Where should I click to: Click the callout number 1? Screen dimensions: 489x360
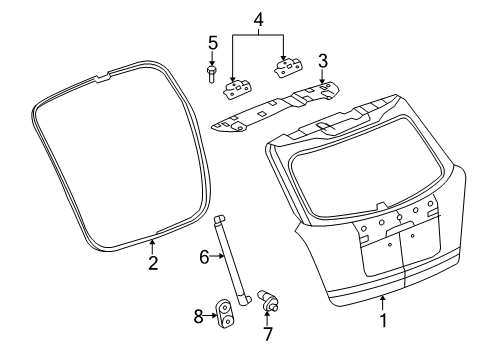[383, 320]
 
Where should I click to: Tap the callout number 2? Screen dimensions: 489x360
[153, 263]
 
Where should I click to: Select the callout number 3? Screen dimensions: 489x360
[323, 61]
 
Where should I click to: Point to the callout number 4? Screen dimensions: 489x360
[258, 20]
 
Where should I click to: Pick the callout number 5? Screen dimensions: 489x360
[213, 43]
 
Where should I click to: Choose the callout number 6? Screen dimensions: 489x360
[204, 257]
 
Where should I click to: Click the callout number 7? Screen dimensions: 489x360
[268, 334]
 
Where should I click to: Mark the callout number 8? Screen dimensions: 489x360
[199, 316]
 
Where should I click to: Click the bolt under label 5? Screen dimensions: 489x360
[212, 75]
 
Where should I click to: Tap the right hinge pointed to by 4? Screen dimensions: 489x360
[288, 68]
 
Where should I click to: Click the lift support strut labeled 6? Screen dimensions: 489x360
[232, 260]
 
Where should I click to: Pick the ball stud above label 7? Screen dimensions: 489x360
[268, 300]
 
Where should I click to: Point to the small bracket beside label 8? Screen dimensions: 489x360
[225, 312]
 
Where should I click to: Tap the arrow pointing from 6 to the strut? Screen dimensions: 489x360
[217, 256]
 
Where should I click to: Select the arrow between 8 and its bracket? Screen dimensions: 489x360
[210, 315]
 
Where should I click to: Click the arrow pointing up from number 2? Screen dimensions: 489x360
[152, 247]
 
